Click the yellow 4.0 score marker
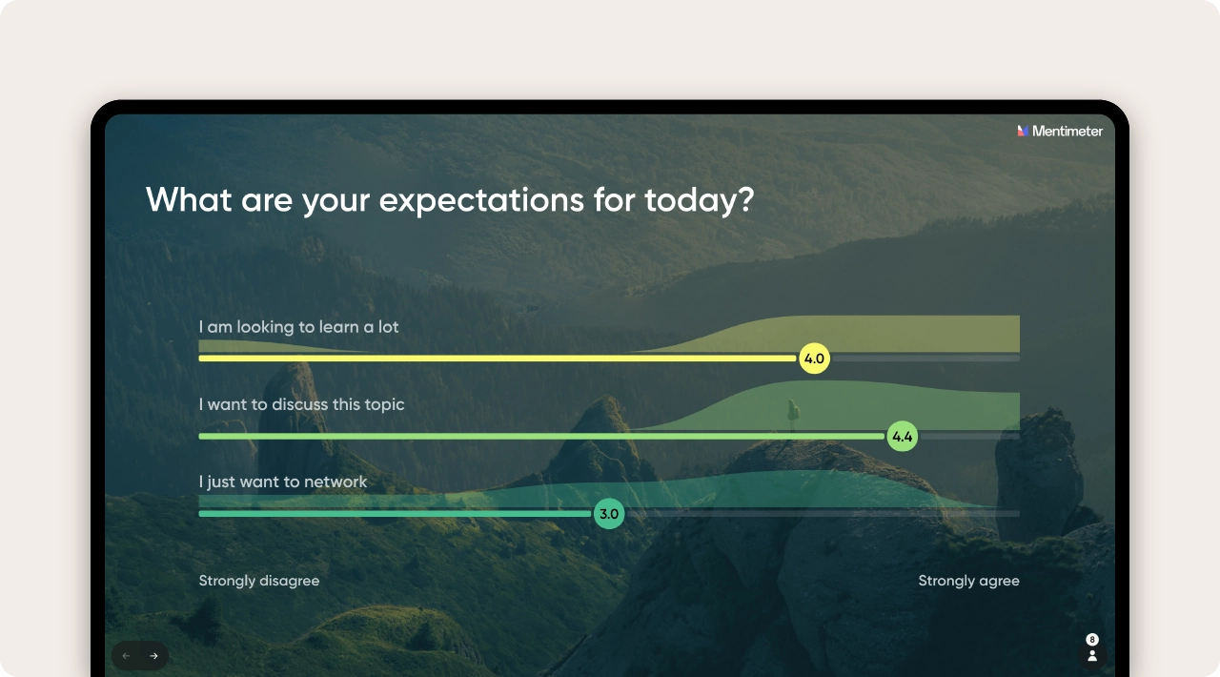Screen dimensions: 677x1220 pyautogui.click(x=814, y=359)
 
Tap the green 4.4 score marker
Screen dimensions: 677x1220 pyautogui.click(x=902, y=437)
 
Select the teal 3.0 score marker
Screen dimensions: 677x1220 pyautogui.click(x=609, y=514)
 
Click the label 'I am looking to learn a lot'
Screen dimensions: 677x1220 pyautogui.click(x=298, y=327)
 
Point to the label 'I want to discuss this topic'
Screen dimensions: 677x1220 pyautogui.click(x=301, y=404)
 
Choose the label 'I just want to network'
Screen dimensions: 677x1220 pyautogui.click(x=283, y=482)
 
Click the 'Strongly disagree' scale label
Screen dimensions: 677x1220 pyautogui.click(x=259, y=581)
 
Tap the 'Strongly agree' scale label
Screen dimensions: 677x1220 pyautogui.click(x=968, y=581)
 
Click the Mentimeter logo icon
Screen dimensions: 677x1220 pyautogui.click(x=1023, y=131)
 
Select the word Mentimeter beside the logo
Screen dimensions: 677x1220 pyautogui.click(x=1067, y=131)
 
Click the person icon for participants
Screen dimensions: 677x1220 pyautogui.click(x=1092, y=656)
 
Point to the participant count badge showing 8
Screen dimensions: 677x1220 pyautogui.click(x=1092, y=639)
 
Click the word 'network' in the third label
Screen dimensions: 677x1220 pyautogui.click(x=334, y=482)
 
